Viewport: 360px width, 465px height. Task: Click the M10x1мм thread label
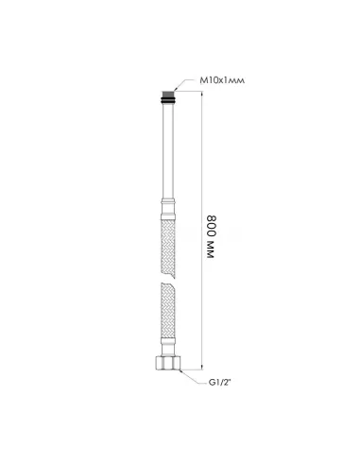coord(222,80)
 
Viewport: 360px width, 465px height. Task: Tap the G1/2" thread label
coord(220,383)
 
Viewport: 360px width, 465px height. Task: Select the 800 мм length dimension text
coord(212,237)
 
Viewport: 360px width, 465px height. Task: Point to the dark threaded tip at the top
coord(168,94)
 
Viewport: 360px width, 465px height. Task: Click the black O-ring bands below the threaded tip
coord(168,100)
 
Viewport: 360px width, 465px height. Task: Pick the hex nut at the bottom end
coord(168,362)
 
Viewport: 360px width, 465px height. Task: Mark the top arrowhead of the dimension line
coord(201,94)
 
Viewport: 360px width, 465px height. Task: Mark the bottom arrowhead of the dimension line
coord(201,367)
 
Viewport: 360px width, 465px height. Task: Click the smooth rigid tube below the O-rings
coord(168,151)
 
